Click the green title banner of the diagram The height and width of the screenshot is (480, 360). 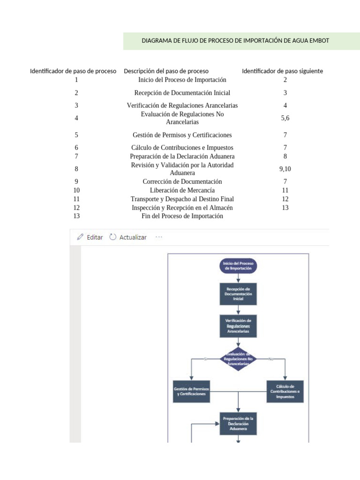(235, 41)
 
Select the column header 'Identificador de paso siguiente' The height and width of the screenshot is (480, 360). (282, 71)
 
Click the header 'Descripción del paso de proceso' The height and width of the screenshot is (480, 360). (166, 71)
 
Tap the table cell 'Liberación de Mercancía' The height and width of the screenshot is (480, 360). (182, 190)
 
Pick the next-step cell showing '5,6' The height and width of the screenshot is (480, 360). (285, 118)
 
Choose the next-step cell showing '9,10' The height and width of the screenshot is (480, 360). (285, 169)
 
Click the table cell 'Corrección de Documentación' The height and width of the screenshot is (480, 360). (182, 181)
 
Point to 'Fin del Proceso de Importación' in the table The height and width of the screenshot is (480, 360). (182, 216)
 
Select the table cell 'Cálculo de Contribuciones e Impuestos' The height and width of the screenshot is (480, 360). (182, 148)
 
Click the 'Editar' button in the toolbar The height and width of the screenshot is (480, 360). (90, 237)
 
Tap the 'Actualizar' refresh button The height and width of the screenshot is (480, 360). (128, 237)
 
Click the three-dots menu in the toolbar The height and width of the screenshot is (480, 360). (159, 237)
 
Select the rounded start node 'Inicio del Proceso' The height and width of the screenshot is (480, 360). (238, 266)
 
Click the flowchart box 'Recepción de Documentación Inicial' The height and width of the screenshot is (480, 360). (238, 294)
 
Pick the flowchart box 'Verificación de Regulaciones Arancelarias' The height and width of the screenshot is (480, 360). (238, 326)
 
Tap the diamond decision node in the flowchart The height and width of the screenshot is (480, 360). (238, 359)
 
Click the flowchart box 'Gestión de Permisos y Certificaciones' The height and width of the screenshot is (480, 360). (191, 391)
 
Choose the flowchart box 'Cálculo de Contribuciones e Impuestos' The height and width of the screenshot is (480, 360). (285, 391)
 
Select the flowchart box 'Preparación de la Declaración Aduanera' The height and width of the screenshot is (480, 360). (238, 423)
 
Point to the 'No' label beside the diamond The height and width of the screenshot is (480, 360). (270, 359)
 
